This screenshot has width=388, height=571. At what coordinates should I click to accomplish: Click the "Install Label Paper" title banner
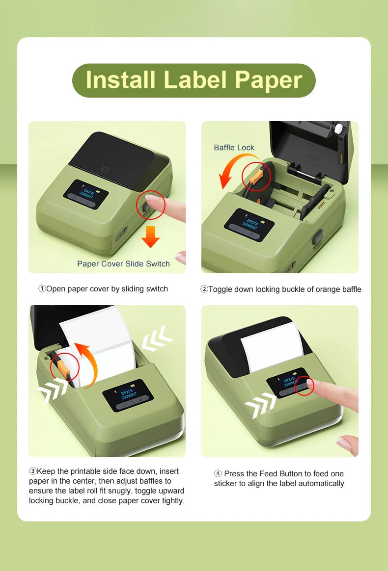(194, 80)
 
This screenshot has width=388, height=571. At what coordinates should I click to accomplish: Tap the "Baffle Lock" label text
(234, 147)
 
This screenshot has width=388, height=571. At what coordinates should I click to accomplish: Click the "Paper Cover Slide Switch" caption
(123, 264)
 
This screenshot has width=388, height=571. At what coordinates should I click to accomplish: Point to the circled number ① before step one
(42, 289)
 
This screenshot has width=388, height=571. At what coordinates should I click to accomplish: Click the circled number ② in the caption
(204, 289)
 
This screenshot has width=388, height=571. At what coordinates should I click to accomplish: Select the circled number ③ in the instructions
(33, 471)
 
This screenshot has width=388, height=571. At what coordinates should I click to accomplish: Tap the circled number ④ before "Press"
(218, 473)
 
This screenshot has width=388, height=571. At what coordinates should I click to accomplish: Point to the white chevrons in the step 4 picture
(260, 405)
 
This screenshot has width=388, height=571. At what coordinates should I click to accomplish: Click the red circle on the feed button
(303, 387)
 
